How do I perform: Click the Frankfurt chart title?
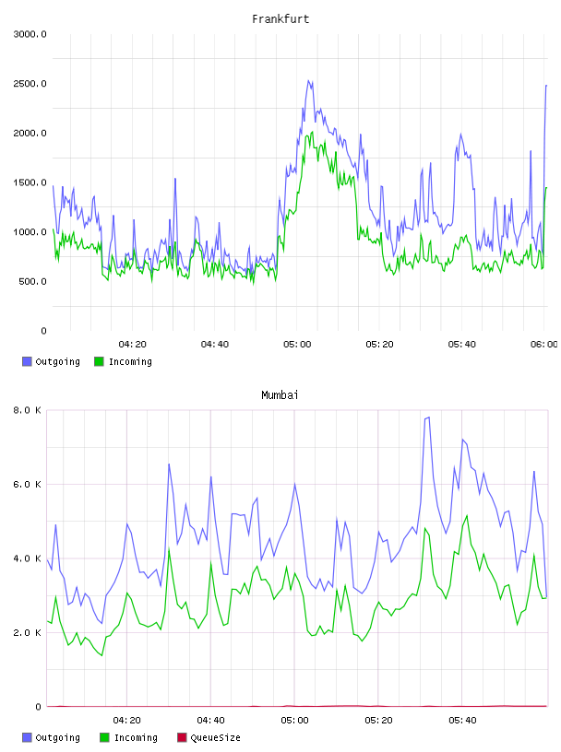tap(280, 18)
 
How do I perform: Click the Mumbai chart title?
tap(280, 394)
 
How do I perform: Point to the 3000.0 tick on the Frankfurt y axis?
tap(30, 34)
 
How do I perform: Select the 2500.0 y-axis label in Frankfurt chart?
tap(30, 84)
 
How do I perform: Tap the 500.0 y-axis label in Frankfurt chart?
tap(32, 281)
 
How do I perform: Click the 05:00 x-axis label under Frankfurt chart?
tap(297, 345)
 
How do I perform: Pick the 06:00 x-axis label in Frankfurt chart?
tap(544, 345)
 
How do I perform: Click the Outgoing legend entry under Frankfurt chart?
tap(52, 361)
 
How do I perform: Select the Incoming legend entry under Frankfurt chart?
tap(124, 361)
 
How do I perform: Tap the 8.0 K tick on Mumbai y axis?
tap(27, 410)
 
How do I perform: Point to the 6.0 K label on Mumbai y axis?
tap(27, 485)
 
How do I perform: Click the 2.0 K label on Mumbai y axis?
tap(27, 632)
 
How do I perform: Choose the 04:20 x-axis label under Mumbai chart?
tap(126, 721)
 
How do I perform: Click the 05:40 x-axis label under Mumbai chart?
tap(462, 721)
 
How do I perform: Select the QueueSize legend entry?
tap(209, 737)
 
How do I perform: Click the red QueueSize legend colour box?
tap(182, 737)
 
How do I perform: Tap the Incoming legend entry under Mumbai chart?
tap(129, 737)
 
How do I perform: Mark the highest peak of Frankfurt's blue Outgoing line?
tap(309, 80)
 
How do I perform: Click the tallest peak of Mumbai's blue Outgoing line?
tap(428, 417)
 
